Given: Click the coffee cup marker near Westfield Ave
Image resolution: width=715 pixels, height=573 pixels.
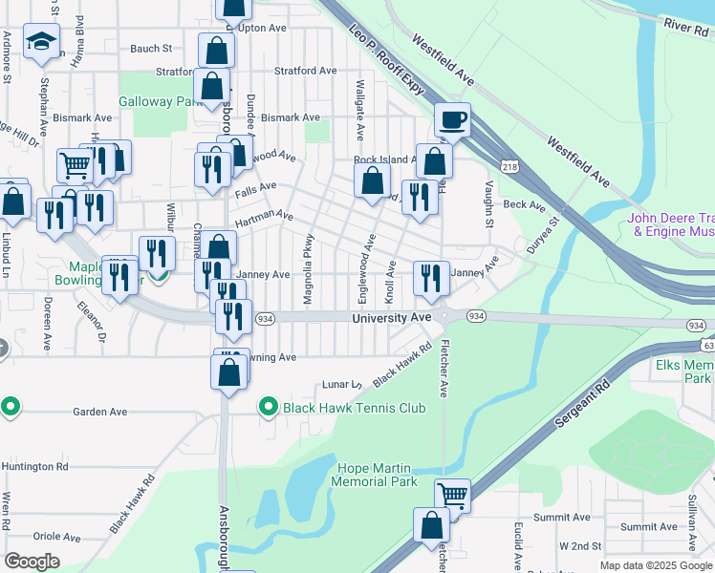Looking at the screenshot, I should coord(453,120).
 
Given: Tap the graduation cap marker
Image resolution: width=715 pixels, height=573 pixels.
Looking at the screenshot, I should coord(41,41).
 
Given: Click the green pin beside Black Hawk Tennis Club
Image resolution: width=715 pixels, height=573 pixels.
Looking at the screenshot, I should coord(268,408).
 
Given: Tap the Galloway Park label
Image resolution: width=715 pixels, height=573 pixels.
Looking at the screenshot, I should coord(159,101).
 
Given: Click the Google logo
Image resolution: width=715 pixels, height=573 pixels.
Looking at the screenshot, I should coord(32,561).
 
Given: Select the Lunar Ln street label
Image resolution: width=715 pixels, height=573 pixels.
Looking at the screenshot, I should coord(340,384).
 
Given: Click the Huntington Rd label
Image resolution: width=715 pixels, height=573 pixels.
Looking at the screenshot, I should coord(35,467).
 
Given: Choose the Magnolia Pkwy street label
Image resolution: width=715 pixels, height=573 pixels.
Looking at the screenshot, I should coord(308,269).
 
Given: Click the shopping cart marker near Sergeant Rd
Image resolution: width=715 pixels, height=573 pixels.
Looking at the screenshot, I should coord(452,496).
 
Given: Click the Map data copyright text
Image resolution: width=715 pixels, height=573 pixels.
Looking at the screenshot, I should coord(655,565).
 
